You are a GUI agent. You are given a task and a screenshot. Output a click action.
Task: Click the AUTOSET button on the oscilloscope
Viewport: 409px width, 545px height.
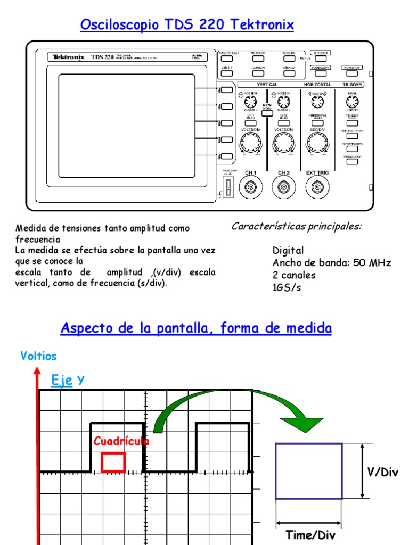pos(321,59)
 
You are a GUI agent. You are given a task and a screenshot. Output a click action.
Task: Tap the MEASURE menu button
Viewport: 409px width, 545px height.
pos(258,59)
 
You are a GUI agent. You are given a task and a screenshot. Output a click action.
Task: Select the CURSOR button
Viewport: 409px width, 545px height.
pos(258,73)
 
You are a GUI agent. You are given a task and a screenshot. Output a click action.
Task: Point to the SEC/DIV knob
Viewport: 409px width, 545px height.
pos(318,142)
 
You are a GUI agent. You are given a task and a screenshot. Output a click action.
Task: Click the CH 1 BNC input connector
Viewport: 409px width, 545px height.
pos(250,187)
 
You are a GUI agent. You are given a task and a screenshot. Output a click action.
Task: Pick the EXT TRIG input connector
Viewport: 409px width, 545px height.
pos(318,187)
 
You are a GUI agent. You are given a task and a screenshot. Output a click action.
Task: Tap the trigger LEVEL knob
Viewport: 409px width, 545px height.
pos(352,102)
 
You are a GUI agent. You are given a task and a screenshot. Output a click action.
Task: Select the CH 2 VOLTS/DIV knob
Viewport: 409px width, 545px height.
pos(284,142)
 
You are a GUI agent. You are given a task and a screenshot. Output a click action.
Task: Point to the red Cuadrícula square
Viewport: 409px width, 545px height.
pos(113,462)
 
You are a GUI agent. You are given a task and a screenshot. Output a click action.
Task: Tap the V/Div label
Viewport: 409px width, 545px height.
pos(383,472)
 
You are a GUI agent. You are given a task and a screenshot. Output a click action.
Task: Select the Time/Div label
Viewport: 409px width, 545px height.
pos(310,534)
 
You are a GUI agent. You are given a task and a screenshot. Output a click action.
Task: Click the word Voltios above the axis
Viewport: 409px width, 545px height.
pos(38,356)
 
